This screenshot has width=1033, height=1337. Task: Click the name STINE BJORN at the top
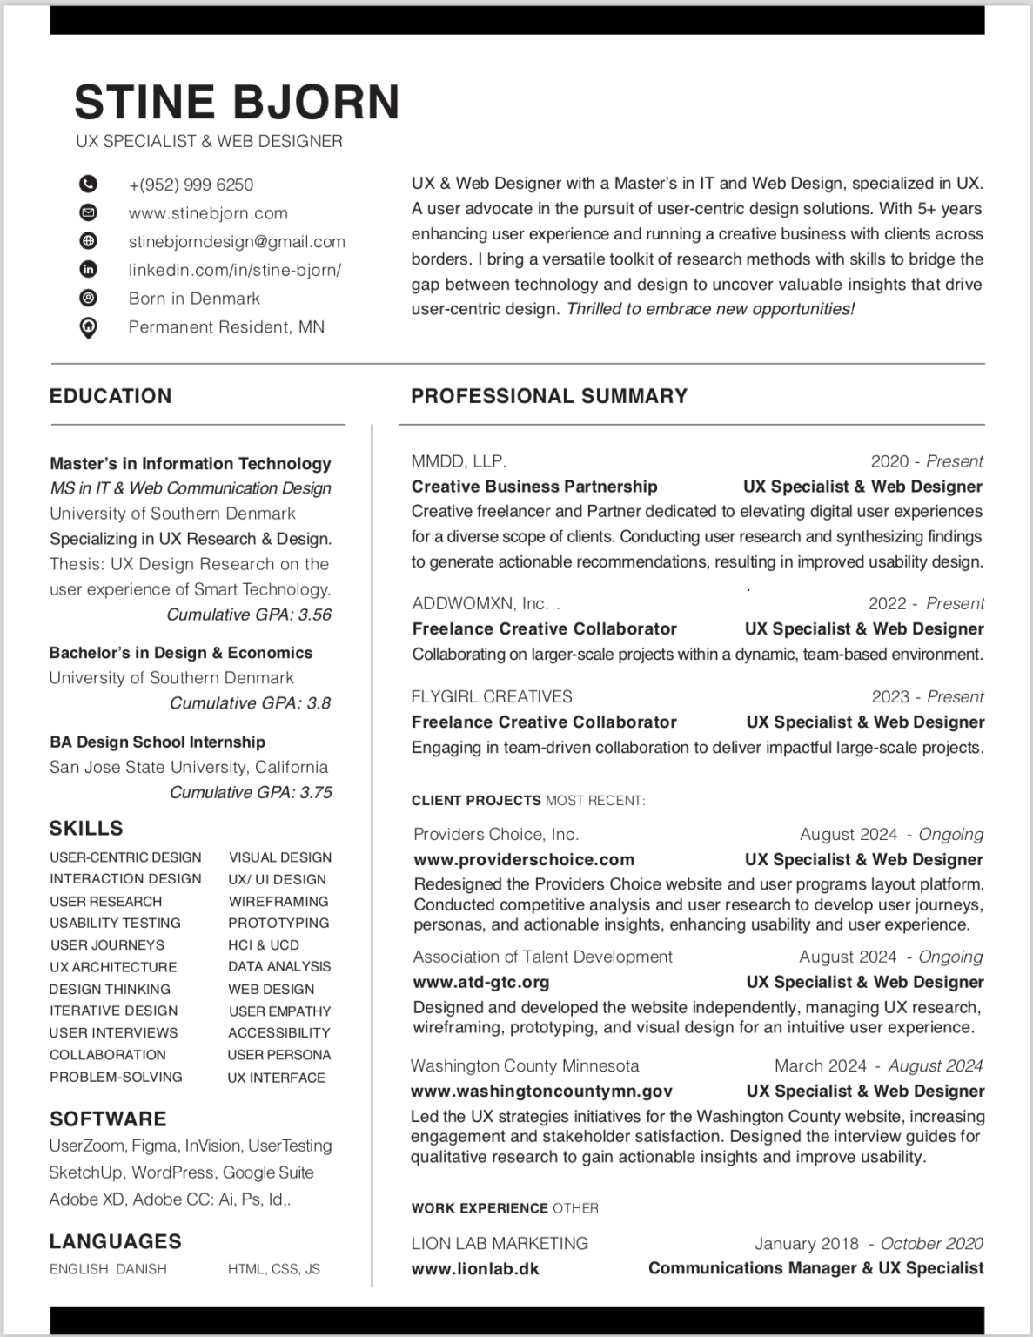click(237, 102)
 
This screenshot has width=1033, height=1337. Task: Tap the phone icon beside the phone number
click(88, 184)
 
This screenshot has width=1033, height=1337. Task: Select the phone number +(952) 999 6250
click(191, 185)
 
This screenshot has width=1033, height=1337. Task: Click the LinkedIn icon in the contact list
click(88, 269)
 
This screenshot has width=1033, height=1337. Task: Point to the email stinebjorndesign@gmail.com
click(237, 241)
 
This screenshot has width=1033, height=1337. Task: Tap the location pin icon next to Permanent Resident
click(88, 327)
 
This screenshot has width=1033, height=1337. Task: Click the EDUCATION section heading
click(111, 396)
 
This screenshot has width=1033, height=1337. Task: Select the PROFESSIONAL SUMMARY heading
click(549, 396)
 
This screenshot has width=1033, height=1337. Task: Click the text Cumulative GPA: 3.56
click(249, 615)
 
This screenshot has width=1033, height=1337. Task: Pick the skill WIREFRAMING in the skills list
click(278, 901)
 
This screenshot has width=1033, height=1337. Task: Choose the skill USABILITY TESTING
click(115, 923)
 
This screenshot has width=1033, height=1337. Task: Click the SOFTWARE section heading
click(108, 1119)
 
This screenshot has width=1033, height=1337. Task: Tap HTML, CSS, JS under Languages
click(274, 1269)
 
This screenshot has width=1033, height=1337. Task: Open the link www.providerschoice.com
click(524, 859)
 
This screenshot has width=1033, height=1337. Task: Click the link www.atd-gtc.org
click(481, 982)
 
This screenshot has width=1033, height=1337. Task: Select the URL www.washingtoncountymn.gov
click(541, 1091)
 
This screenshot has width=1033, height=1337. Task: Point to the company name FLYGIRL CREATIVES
click(492, 696)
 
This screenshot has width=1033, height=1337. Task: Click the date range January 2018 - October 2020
click(869, 1243)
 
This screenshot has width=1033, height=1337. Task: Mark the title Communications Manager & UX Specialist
click(815, 1268)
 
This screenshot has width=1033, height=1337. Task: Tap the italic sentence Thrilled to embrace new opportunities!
click(710, 309)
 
